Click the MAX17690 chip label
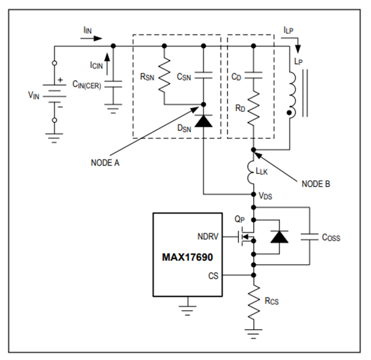(x=188, y=257)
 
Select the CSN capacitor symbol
(x=204, y=75)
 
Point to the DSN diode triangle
(x=204, y=121)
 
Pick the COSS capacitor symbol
(x=310, y=237)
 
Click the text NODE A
(x=105, y=163)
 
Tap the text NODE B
(x=316, y=184)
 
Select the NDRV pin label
(x=208, y=236)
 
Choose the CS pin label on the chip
(x=213, y=276)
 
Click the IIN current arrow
(x=92, y=38)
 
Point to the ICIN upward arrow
(x=107, y=64)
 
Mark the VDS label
(x=265, y=196)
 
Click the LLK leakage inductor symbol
(x=251, y=172)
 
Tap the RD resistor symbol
(x=254, y=108)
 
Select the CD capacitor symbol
(x=254, y=75)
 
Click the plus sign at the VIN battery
(x=60, y=80)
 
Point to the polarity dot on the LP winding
(x=289, y=113)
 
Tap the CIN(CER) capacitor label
(x=87, y=85)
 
